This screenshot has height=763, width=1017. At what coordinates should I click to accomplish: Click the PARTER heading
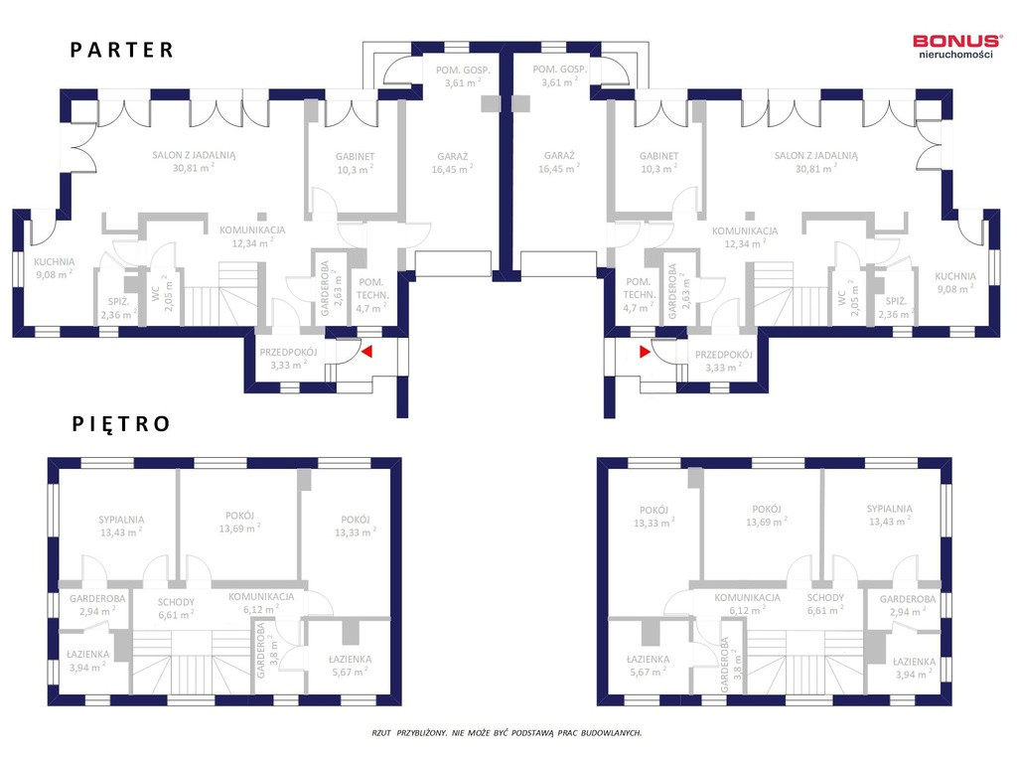coord(122,50)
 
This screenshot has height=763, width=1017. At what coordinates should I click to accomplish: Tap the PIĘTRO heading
coord(120,423)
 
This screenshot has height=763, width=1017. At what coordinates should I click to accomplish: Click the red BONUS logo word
coord(957,42)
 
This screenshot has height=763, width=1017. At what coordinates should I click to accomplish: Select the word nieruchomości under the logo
coord(955,55)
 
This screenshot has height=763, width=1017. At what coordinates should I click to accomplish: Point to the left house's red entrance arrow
coord(366,352)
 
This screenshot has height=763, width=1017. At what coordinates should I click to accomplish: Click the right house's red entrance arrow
coord(645,352)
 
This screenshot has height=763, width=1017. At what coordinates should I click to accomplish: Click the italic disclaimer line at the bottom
coord(507,732)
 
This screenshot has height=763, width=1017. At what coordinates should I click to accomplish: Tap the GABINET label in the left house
coord(355,156)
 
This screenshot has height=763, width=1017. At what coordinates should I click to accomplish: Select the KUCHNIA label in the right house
coord(954,276)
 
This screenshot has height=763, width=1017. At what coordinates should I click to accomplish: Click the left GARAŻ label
coord(452,156)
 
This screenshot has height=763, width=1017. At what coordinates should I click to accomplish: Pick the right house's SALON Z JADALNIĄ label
coord(815,156)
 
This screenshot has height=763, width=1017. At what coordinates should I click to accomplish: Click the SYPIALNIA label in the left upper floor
coord(121,520)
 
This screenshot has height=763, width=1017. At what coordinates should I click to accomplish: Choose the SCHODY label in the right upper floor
coord(825,597)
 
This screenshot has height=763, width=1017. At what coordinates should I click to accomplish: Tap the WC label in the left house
coord(156,294)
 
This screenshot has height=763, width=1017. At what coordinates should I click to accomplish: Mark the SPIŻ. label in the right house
coord(896,301)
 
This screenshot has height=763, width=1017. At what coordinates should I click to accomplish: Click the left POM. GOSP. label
coord(463,71)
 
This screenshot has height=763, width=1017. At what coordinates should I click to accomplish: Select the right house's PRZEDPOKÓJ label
coord(724,355)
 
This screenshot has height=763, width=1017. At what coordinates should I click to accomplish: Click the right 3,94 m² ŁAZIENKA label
coord(914,662)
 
